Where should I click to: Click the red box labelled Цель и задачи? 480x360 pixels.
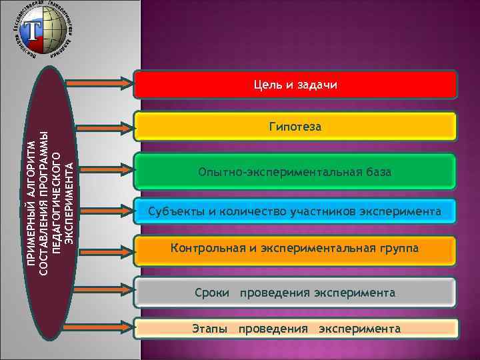295,85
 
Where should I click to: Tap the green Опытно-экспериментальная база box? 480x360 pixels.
295,172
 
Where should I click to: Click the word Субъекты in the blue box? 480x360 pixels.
172,212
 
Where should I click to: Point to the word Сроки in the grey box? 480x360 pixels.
212,292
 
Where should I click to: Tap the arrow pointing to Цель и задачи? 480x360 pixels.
100,83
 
